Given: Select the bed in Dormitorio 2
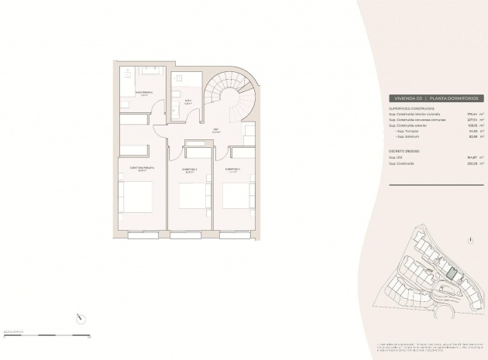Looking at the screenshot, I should [191, 196].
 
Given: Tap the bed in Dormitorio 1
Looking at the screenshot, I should [235, 196].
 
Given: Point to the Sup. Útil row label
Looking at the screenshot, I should [396, 156].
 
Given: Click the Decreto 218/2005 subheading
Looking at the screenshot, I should [406, 150].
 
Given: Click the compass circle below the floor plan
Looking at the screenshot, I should [81, 317].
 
